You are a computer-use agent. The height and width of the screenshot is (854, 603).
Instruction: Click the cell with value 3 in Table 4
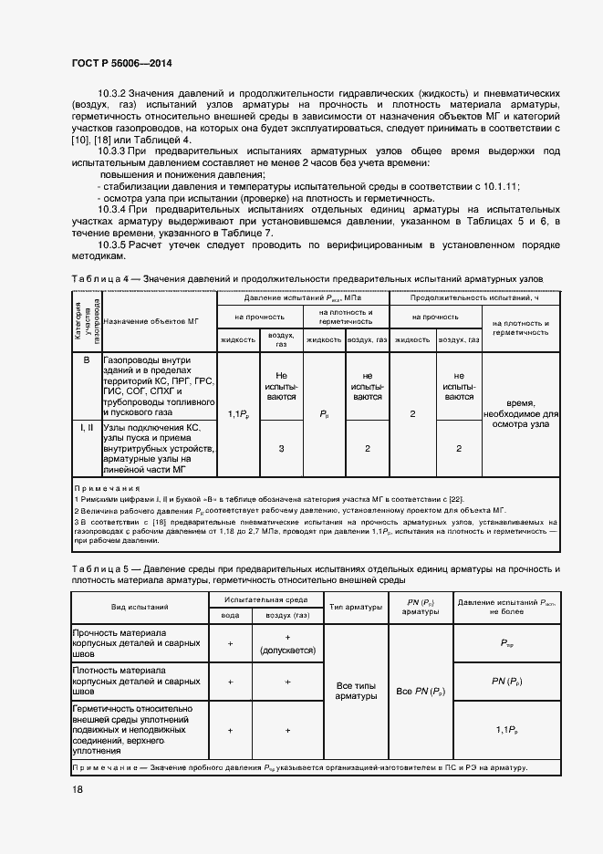(281, 448)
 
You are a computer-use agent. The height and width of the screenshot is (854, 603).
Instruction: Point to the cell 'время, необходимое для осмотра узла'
(521, 413)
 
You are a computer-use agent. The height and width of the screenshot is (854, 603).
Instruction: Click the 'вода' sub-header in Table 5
(231, 616)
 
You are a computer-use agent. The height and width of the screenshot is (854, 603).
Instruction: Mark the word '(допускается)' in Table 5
(287, 651)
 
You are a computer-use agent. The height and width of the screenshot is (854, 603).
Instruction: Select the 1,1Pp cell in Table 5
(506, 730)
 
